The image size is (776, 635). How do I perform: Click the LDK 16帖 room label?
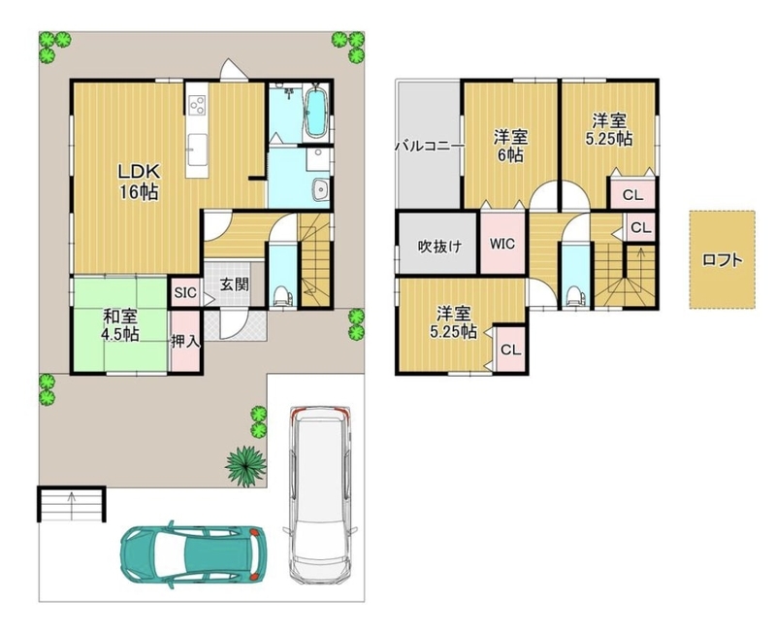139,182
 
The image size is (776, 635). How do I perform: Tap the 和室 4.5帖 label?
119,325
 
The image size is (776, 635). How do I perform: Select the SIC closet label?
185,292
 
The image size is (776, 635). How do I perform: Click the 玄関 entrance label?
234,285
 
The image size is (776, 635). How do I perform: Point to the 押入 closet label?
185,341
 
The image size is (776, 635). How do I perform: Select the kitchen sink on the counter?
197,149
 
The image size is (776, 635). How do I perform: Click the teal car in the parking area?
193,554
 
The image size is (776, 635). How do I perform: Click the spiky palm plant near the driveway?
245,465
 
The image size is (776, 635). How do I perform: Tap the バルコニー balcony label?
430,146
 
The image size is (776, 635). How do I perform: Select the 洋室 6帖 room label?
510,146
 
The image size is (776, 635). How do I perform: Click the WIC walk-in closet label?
502,244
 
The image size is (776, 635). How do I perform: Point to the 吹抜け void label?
440,247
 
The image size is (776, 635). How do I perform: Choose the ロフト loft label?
723,260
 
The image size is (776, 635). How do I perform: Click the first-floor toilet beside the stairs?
282,296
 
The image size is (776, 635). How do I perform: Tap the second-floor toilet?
574,297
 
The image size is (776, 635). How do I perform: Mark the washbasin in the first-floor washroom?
321,189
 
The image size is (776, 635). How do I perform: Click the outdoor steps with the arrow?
72,504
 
